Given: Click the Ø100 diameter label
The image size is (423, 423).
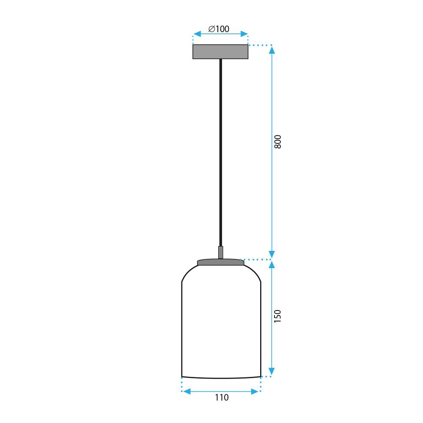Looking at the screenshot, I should tap(219, 29).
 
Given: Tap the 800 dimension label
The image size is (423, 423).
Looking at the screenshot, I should tap(277, 142).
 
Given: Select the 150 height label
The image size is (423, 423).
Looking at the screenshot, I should tap(277, 316).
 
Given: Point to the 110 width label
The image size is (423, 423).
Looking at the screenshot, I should tap(221, 398).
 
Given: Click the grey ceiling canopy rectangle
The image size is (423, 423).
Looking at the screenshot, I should tap(220, 52).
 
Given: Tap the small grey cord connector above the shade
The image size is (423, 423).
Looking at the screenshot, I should tap(220, 253).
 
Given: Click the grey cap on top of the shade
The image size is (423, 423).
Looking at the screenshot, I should tap(221, 263).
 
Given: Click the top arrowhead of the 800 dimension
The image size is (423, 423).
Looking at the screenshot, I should tap(272, 49).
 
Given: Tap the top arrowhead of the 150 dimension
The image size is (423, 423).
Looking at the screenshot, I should tap(272, 264).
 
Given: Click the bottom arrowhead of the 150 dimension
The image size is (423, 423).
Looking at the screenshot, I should tap(272, 372).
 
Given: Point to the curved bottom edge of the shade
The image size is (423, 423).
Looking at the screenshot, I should tap(221, 377).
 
